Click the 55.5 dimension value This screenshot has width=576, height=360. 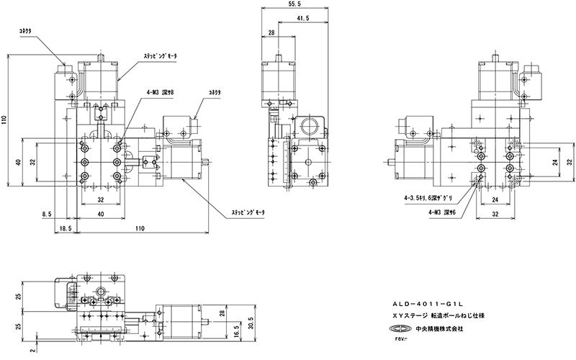[286, 4]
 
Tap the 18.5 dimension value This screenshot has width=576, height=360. [65, 228]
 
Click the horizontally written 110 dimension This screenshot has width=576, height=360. [140, 228]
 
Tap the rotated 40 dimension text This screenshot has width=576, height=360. [17, 161]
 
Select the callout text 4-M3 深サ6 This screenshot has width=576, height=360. [441, 212]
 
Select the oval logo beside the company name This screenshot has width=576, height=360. [400, 330]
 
